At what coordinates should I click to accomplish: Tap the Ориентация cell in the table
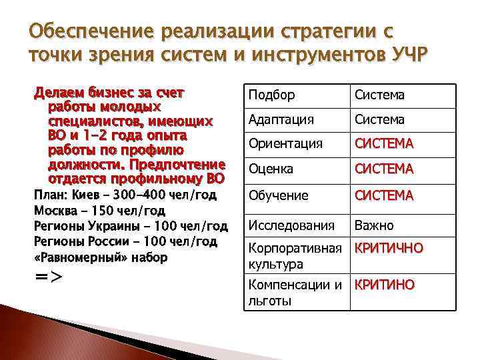coord(285,143)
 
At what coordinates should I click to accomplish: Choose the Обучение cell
coord(278,195)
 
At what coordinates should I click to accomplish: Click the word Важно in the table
coord(374,225)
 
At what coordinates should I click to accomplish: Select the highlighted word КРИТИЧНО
coord(389,249)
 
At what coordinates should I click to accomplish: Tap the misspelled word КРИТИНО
coord(384,285)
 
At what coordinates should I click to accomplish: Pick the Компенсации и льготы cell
coord(293,293)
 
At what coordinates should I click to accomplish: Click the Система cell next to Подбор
coord(379,95)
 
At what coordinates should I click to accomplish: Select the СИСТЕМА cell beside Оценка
coord(384,169)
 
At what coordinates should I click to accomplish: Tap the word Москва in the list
coord(53,211)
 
